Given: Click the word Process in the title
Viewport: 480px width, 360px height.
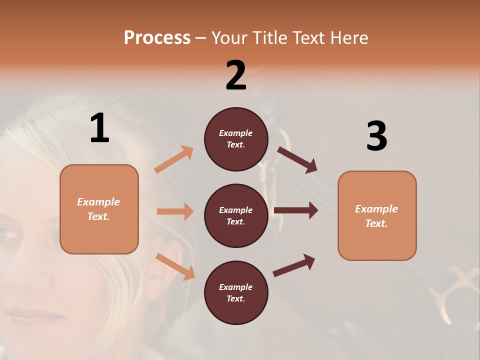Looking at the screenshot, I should [x=157, y=38].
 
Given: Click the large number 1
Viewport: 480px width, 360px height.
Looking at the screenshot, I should [x=99, y=128].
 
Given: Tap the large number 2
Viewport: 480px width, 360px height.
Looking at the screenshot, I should [x=236, y=75].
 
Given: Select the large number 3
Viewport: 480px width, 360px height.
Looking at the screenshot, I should [x=376, y=136].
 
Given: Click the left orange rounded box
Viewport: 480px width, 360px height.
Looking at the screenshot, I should [x=99, y=209].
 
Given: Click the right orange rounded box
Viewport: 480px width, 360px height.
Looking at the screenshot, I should [x=377, y=215].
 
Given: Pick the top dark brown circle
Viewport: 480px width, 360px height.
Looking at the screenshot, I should [x=236, y=139].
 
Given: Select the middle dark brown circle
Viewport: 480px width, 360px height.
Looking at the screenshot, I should [x=236, y=215].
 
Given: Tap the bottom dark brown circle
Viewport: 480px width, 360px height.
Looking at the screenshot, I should [x=236, y=292].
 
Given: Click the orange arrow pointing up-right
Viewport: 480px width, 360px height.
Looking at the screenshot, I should [x=174, y=159].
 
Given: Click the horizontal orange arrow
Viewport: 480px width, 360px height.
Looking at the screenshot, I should [x=175, y=211].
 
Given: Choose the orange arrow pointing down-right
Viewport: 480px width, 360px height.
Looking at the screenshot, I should [x=175, y=266].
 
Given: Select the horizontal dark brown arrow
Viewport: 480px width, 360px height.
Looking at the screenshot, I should [x=296, y=210].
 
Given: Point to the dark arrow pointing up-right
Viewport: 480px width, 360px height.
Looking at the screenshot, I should [x=294, y=265].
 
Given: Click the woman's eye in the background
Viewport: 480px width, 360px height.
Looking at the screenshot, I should [x=10, y=233].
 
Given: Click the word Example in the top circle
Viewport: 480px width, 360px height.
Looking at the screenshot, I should [x=236, y=133].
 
